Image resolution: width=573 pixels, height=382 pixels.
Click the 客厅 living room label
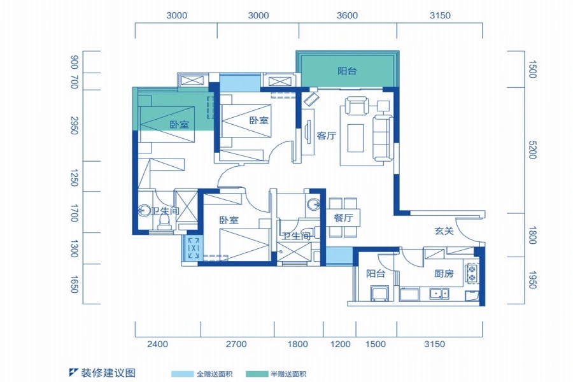(x=327, y=136)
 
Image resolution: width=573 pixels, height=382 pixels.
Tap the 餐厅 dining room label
(x=344, y=218)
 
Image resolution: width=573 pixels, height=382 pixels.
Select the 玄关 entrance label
(x=444, y=230)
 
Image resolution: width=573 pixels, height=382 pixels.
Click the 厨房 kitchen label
(x=444, y=273)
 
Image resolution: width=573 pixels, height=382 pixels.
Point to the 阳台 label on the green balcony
(x=347, y=71)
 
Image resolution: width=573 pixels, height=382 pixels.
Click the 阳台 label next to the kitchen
(x=376, y=273)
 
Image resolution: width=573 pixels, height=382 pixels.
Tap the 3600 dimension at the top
(x=347, y=15)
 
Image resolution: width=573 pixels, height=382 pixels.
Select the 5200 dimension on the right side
(x=532, y=150)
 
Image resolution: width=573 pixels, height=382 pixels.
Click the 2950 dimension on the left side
(x=74, y=125)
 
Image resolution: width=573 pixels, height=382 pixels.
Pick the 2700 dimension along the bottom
(x=236, y=344)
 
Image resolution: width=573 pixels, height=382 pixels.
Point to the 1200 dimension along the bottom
(x=341, y=344)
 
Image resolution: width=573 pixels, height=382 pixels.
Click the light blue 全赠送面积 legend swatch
(x=182, y=374)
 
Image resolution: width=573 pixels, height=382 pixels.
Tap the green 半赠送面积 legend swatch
(x=257, y=374)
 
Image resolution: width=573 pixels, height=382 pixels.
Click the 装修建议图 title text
(x=108, y=373)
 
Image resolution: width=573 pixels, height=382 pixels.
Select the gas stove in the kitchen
(x=472, y=273)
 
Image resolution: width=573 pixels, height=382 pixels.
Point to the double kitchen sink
(x=439, y=294)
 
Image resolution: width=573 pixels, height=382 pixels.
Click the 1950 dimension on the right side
(x=532, y=280)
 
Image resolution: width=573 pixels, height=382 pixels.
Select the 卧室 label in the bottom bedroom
(x=229, y=220)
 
